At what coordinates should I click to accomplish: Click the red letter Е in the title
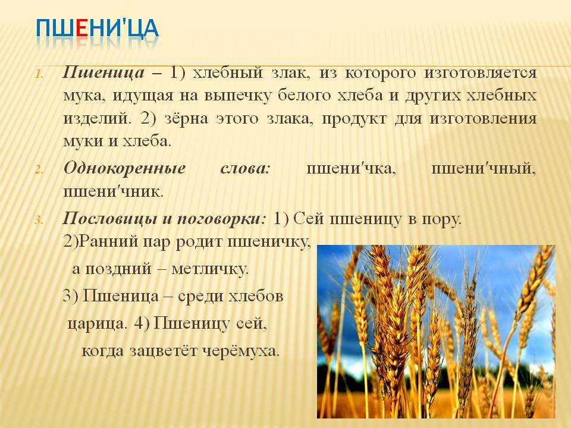click(82, 29)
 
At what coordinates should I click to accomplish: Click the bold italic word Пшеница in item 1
click(103, 73)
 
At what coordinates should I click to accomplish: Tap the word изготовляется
click(480, 73)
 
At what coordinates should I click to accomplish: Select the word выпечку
click(238, 96)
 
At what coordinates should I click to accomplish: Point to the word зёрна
click(186, 119)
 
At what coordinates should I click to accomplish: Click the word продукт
click(353, 119)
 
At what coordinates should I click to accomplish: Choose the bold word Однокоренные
click(124, 169)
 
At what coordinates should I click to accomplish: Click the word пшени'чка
click(351, 169)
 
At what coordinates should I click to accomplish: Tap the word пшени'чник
click(113, 191)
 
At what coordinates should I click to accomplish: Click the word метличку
click(210, 269)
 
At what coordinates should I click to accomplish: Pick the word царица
click(97, 323)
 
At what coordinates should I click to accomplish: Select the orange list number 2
click(39, 169)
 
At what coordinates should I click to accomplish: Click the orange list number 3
click(39, 220)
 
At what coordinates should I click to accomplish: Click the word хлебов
click(256, 296)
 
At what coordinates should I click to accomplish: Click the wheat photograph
click(436, 332)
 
